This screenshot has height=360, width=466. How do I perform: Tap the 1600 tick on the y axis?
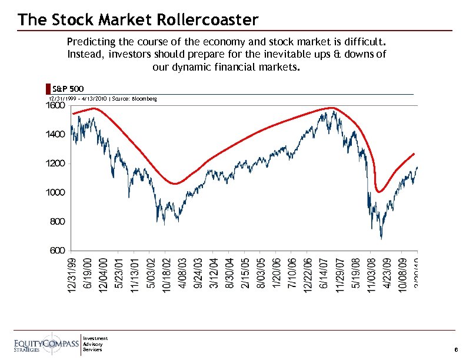coord(56,106)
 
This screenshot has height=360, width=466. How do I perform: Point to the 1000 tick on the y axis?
coord(56,193)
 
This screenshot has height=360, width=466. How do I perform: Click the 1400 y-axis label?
coord(56,135)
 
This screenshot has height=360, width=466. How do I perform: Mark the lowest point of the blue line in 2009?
coord(381,238)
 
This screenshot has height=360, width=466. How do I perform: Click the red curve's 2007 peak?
coord(332,108)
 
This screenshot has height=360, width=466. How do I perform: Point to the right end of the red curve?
coord(415,154)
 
